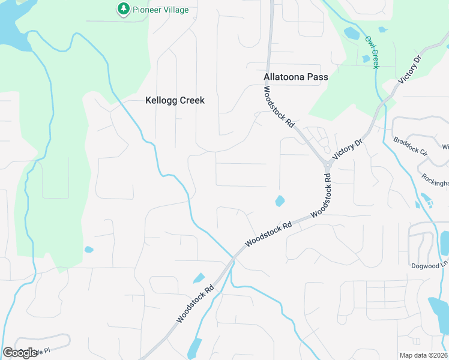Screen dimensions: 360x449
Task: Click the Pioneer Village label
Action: click(160, 10)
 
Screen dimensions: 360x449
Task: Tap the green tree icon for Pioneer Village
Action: click(123, 9)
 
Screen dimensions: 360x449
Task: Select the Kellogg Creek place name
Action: click(175, 100)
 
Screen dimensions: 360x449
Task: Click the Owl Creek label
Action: click(372, 52)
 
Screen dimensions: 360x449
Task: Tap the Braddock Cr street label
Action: click(410, 146)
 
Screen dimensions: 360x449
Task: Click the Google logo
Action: click(20, 353)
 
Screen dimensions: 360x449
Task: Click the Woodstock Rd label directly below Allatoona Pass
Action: click(279, 107)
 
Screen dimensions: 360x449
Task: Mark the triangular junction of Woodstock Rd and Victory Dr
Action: click(328, 164)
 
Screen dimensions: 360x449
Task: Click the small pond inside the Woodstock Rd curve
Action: click(279, 201)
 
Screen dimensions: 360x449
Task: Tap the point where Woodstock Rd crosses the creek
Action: click(232, 259)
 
